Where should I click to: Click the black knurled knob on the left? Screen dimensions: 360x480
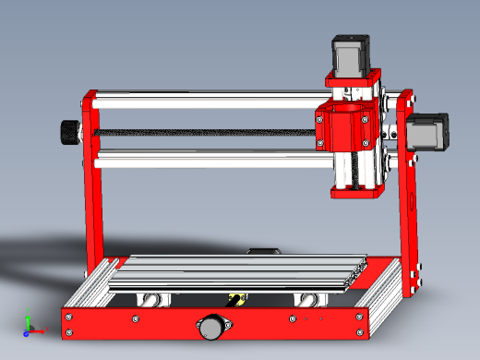[x=69, y=133]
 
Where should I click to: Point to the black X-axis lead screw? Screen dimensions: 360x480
[x=203, y=133]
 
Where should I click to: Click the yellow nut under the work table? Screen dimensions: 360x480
[x=236, y=298]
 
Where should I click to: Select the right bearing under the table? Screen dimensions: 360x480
[x=308, y=299]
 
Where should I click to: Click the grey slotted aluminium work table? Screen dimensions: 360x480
[x=240, y=272]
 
